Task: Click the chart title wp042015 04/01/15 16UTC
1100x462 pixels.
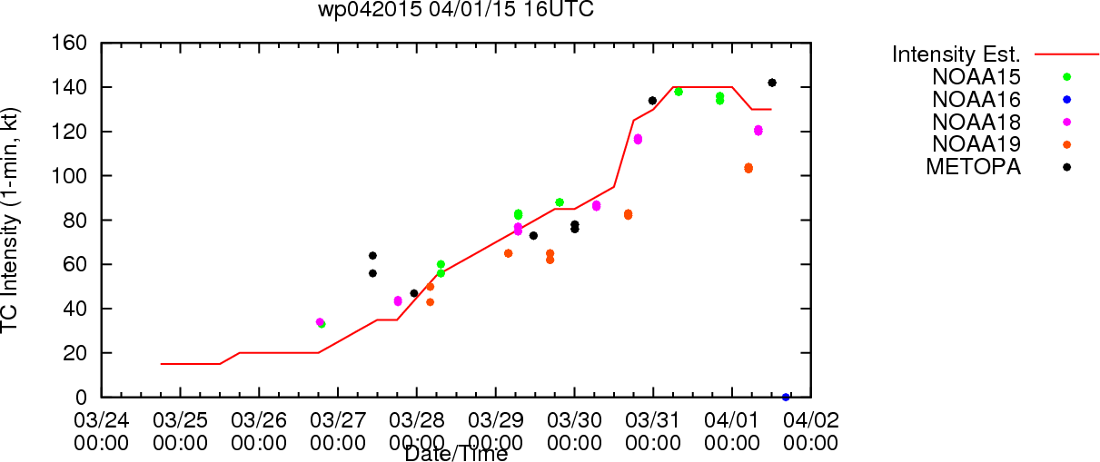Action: pyautogui.click(x=456, y=9)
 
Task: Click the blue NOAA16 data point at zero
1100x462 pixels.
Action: pyautogui.click(x=786, y=398)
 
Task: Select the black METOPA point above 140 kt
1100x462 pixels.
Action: pyautogui.click(x=772, y=83)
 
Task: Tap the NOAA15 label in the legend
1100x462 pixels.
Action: pyautogui.click(x=976, y=77)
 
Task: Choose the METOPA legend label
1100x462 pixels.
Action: pyautogui.click(x=974, y=167)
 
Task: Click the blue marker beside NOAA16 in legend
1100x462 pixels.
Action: pyautogui.click(x=1066, y=100)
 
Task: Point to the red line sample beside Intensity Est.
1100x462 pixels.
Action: pyautogui.click(x=1066, y=54)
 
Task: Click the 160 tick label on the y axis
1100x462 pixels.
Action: pyautogui.click(x=69, y=44)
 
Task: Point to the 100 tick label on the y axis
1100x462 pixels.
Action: pyautogui.click(x=69, y=175)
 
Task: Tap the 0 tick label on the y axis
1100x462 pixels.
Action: pyautogui.click(x=81, y=398)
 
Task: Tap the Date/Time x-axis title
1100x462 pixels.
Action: pyautogui.click(x=456, y=454)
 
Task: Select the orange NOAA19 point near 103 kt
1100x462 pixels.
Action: pyautogui.click(x=748, y=168)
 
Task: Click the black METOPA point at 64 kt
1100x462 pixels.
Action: pyautogui.click(x=372, y=256)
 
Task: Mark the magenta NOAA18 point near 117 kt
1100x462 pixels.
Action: pyautogui.click(x=638, y=139)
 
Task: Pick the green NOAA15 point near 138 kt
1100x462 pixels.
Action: pyautogui.click(x=679, y=92)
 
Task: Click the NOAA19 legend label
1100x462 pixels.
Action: pyautogui.click(x=976, y=144)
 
